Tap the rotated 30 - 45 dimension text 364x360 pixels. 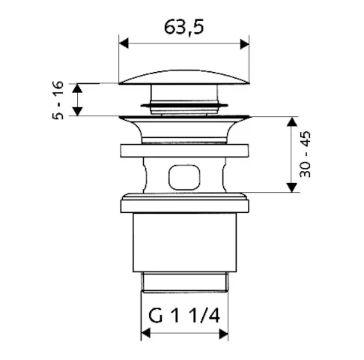306,154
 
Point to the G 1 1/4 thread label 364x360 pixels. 183,316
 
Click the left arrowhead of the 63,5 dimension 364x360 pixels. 124,44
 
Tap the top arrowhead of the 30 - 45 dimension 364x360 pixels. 291,121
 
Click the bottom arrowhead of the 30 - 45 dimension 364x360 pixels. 291,188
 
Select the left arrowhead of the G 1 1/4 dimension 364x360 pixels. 145,333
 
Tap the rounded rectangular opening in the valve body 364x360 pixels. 184,177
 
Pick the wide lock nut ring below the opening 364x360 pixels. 184,203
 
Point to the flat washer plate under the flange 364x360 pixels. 184,148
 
